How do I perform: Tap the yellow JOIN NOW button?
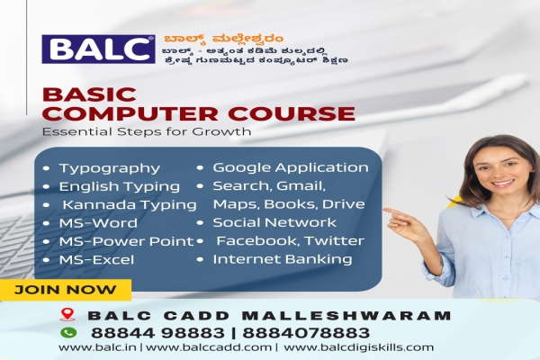[x=66, y=290]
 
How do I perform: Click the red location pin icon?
[x=66, y=316]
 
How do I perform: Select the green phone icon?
[x=66, y=331]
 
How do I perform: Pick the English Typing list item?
[x=119, y=186]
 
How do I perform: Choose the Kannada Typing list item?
[x=129, y=204]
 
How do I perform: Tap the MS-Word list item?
[x=98, y=222]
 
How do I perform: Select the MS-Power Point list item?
[x=125, y=241]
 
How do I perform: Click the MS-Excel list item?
[x=96, y=259]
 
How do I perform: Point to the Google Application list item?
[x=290, y=167]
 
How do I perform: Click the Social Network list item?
[x=274, y=222]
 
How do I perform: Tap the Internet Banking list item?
[x=282, y=259]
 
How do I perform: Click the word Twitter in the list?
[x=334, y=241]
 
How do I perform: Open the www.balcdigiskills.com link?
[x=358, y=346]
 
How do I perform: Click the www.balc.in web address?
[x=86, y=346]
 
